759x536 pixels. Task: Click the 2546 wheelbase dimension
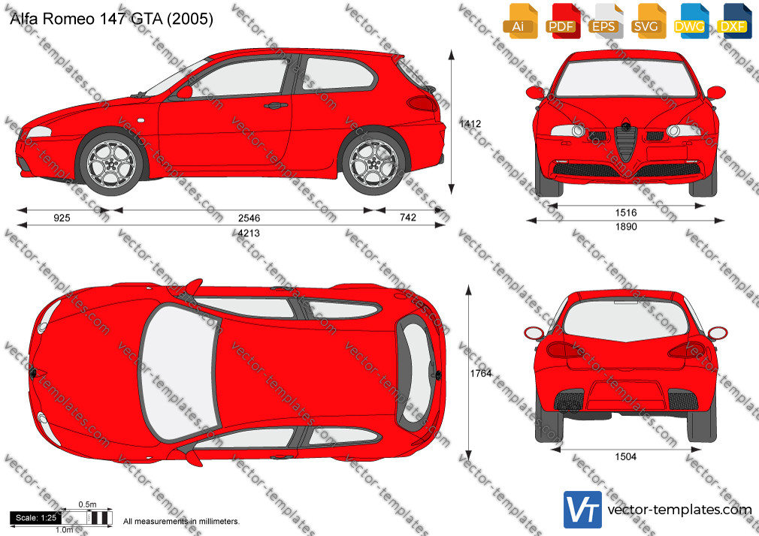point(249,218)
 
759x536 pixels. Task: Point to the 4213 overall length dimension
point(249,233)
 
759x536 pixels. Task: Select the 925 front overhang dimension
point(62,218)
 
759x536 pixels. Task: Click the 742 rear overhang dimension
point(408,218)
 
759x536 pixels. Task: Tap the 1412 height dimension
point(470,124)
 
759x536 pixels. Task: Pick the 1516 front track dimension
point(626,213)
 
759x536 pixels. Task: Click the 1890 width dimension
point(626,227)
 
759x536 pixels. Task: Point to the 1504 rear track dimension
point(625,456)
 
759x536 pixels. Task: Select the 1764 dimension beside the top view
point(481,373)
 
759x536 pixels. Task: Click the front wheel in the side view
point(111,164)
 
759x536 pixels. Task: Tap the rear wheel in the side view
point(373,163)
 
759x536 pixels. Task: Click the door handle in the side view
point(276,105)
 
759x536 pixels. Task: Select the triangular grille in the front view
point(626,142)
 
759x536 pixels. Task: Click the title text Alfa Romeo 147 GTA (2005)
point(111,19)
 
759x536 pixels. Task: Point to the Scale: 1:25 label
point(36,518)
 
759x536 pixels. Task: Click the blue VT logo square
point(583,510)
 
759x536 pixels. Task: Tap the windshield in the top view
point(178,372)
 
